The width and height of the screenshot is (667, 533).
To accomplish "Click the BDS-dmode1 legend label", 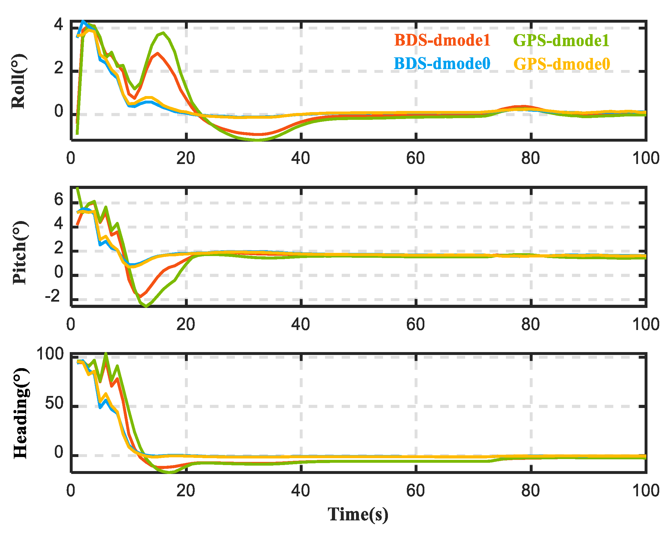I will [x=442, y=40].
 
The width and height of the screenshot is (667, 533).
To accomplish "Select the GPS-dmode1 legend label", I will [x=561, y=40].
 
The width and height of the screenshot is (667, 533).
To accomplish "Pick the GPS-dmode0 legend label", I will [x=562, y=64].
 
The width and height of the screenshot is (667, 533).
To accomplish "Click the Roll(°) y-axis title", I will [x=19, y=81].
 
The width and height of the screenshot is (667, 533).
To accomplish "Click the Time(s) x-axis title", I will [x=358, y=514].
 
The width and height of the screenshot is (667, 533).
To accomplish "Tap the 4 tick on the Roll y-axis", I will [x=59, y=25].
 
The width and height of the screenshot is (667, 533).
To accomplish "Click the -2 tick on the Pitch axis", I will [x=53, y=297].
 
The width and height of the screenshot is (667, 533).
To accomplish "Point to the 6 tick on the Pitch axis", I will [x=59, y=199].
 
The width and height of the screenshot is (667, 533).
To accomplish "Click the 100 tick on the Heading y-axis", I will [x=50, y=354].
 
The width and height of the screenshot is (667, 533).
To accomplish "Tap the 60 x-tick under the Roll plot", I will [x=415, y=159].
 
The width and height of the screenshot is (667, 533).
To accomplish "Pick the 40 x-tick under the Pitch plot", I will [x=300, y=325].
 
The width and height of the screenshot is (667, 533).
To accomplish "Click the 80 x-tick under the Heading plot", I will [x=530, y=491].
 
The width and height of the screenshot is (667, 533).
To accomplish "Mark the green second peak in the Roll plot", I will [x=163, y=32].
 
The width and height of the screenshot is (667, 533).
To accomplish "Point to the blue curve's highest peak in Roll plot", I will [x=83, y=21].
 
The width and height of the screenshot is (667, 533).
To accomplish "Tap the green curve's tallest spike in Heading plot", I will [x=106, y=354].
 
